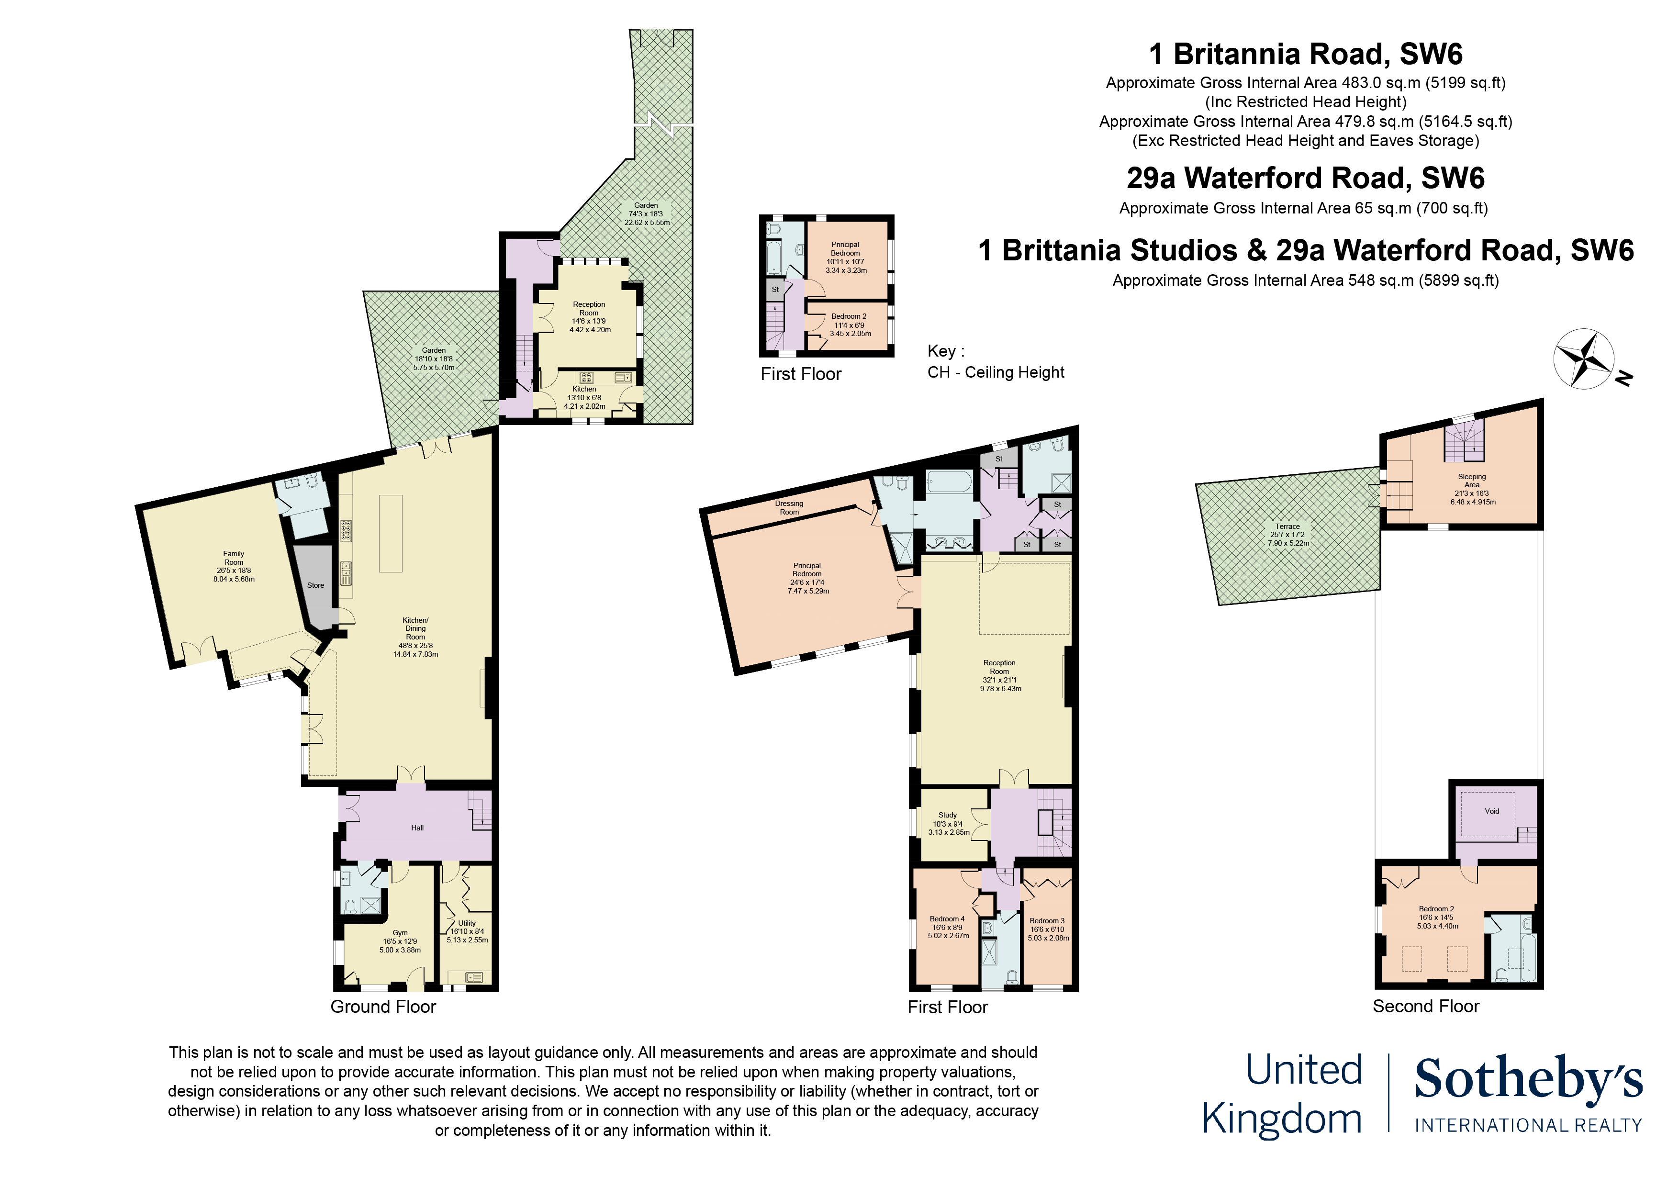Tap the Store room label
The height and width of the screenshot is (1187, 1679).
(x=315, y=585)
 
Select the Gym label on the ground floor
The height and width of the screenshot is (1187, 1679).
(x=400, y=932)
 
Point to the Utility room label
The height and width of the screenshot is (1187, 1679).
(x=467, y=923)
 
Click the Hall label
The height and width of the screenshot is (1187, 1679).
(x=417, y=828)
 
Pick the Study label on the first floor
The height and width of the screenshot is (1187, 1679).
(x=948, y=815)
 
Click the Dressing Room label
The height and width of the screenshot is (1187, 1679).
(x=789, y=507)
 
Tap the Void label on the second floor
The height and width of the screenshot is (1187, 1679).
(x=1492, y=811)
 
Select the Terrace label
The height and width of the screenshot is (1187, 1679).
(x=1288, y=526)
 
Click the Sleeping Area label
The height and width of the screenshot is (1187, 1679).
(x=1472, y=481)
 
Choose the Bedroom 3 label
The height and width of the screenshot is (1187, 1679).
(x=1047, y=921)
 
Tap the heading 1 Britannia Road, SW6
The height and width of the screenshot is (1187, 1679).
(x=1305, y=54)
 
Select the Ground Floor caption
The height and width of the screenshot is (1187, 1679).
(x=383, y=1007)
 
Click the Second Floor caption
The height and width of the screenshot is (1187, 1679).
(x=1426, y=1007)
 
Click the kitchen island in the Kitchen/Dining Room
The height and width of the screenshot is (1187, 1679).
(x=391, y=533)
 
